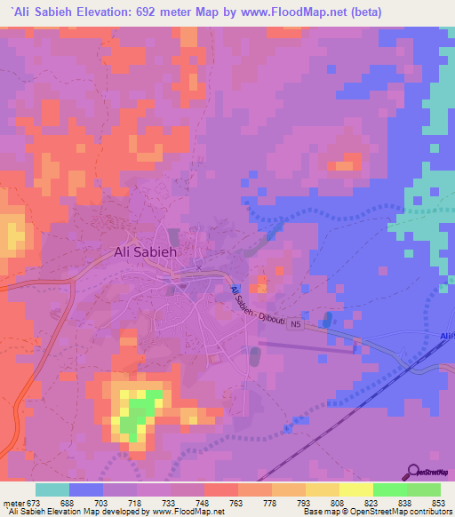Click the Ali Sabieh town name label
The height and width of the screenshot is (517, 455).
(147, 251)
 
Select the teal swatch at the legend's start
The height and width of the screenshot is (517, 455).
(52, 490)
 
